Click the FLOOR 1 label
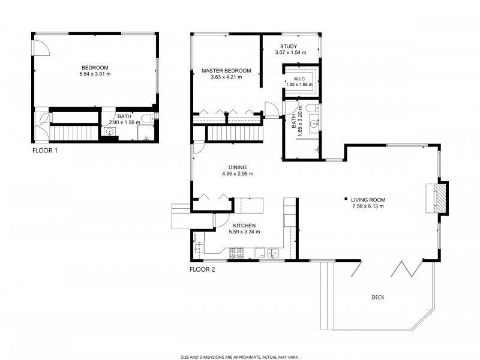click(x=45, y=151)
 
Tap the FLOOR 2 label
click(x=202, y=269)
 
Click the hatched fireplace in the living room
click(x=440, y=197)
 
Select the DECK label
click(x=378, y=297)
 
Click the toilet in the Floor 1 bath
click(x=149, y=118)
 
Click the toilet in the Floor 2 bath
click(x=310, y=109)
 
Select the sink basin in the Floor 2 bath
click(x=313, y=126)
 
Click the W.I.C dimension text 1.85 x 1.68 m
click(x=300, y=85)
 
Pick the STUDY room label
click(x=290, y=46)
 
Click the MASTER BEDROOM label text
click(x=226, y=70)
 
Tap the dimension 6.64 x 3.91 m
click(x=95, y=74)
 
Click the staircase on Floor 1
click(x=73, y=131)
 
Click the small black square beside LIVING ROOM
click(x=346, y=199)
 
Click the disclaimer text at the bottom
click(x=240, y=355)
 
